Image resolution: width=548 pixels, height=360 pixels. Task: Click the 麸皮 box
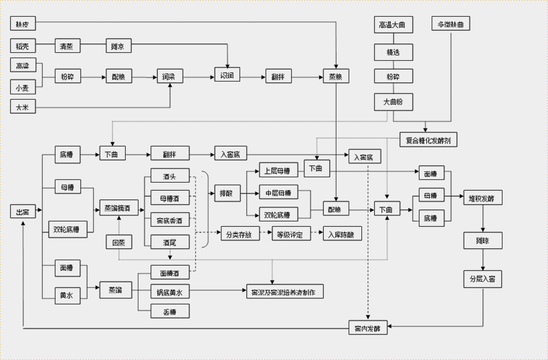tap(23, 24)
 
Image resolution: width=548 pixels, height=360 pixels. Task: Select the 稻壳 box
tap(23, 46)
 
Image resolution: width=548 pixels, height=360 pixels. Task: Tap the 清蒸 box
tap(66, 46)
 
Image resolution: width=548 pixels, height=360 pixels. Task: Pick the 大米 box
tap(23, 106)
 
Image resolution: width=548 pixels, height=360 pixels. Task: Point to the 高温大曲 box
tap(392, 25)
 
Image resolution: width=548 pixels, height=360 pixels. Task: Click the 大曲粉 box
tap(392, 102)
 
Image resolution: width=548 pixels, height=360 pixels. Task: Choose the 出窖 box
tap(23, 211)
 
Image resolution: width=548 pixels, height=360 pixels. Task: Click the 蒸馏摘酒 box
tap(119, 209)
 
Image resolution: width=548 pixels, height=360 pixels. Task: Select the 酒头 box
tap(169, 177)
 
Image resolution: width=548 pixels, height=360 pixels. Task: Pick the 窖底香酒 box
tap(169, 220)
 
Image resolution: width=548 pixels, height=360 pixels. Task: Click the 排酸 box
tap(225, 195)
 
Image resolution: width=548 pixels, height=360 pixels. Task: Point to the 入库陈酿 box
tap(341, 234)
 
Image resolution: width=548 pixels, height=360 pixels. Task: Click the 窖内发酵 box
tap(367, 328)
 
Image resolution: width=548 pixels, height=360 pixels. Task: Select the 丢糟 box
tap(169, 311)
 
